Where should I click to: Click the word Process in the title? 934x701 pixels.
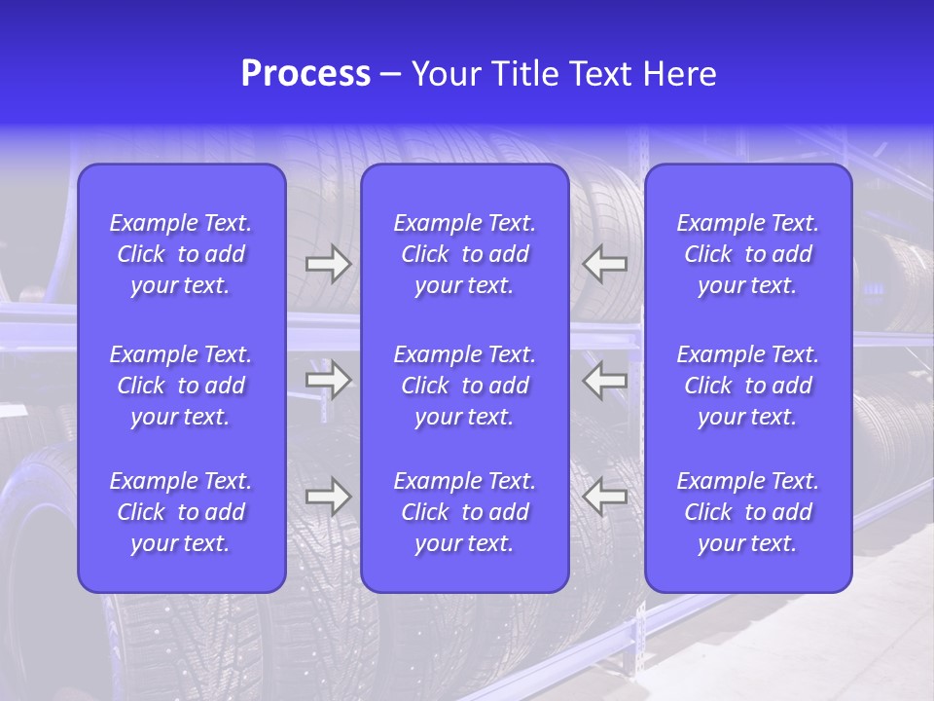[305, 74]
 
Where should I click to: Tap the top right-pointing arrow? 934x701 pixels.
[328, 264]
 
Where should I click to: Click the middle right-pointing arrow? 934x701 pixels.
[328, 380]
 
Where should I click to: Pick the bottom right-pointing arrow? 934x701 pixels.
[328, 497]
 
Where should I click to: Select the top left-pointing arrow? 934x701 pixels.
[605, 264]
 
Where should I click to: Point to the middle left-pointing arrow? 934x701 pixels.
[605, 380]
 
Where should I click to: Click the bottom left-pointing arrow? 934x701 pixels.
[605, 497]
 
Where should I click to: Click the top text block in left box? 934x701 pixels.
[181, 254]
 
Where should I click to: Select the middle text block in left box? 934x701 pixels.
[181, 386]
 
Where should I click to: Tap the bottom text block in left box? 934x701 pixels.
[181, 512]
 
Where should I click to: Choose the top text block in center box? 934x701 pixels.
[464, 254]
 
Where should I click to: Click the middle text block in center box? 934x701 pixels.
[464, 386]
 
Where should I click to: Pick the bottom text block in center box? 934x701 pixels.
[464, 512]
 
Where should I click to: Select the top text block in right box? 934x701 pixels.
[747, 254]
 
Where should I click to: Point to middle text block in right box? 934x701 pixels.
[747, 386]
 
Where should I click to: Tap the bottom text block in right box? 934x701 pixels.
[747, 512]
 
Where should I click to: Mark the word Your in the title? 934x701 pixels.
[447, 74]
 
